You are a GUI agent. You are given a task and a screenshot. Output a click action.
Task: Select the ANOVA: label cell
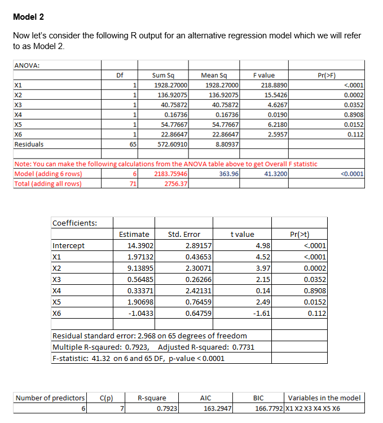[27, 65]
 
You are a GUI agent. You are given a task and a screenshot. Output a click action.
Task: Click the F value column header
[264, 75]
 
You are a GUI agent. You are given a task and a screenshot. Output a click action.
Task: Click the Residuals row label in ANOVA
[29, 144]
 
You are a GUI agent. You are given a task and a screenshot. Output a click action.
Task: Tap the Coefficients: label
[74, 222]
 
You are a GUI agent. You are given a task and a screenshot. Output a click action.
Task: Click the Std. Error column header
[184, 234]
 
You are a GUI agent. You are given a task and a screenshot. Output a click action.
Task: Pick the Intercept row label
[68, 245]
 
